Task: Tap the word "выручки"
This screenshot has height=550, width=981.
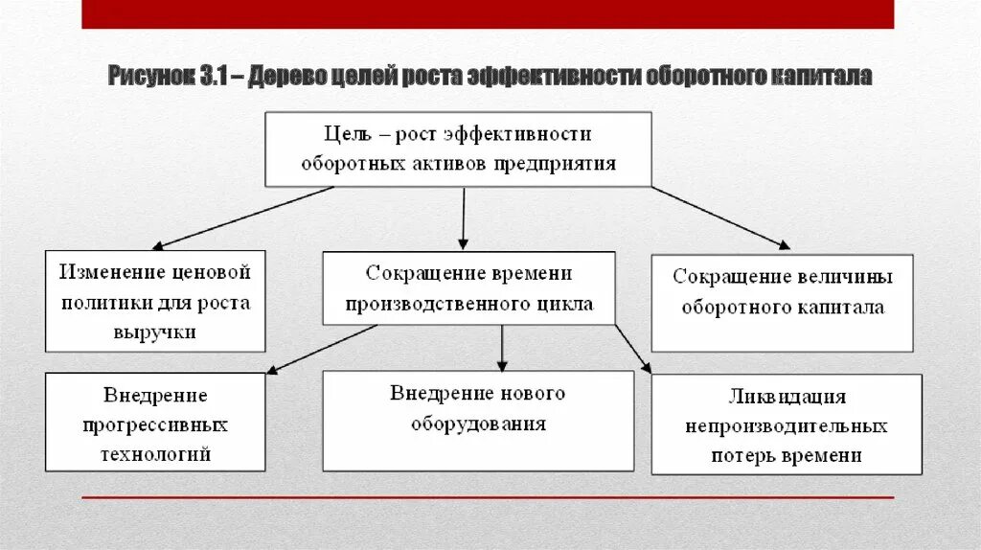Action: pyautogui.click(x=155, y=332)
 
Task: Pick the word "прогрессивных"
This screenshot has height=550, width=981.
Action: pyautogui.click(x=155, y=424)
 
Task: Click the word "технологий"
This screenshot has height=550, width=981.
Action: pyautogui.click(x=155, y=454)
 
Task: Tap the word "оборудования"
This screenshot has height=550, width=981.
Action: pyautogui.click(x=478, y=423)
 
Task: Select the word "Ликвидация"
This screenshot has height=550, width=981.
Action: pyautogui.click(x=786, y=397)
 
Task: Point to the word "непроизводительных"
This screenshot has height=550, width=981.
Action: pyautogui.click(x=786, y=426)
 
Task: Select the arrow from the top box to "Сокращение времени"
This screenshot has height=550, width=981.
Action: pyautogui.click(x=463, y=218)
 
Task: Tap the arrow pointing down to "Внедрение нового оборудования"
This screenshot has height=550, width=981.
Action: pyautogui.click(x=501, y=347)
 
